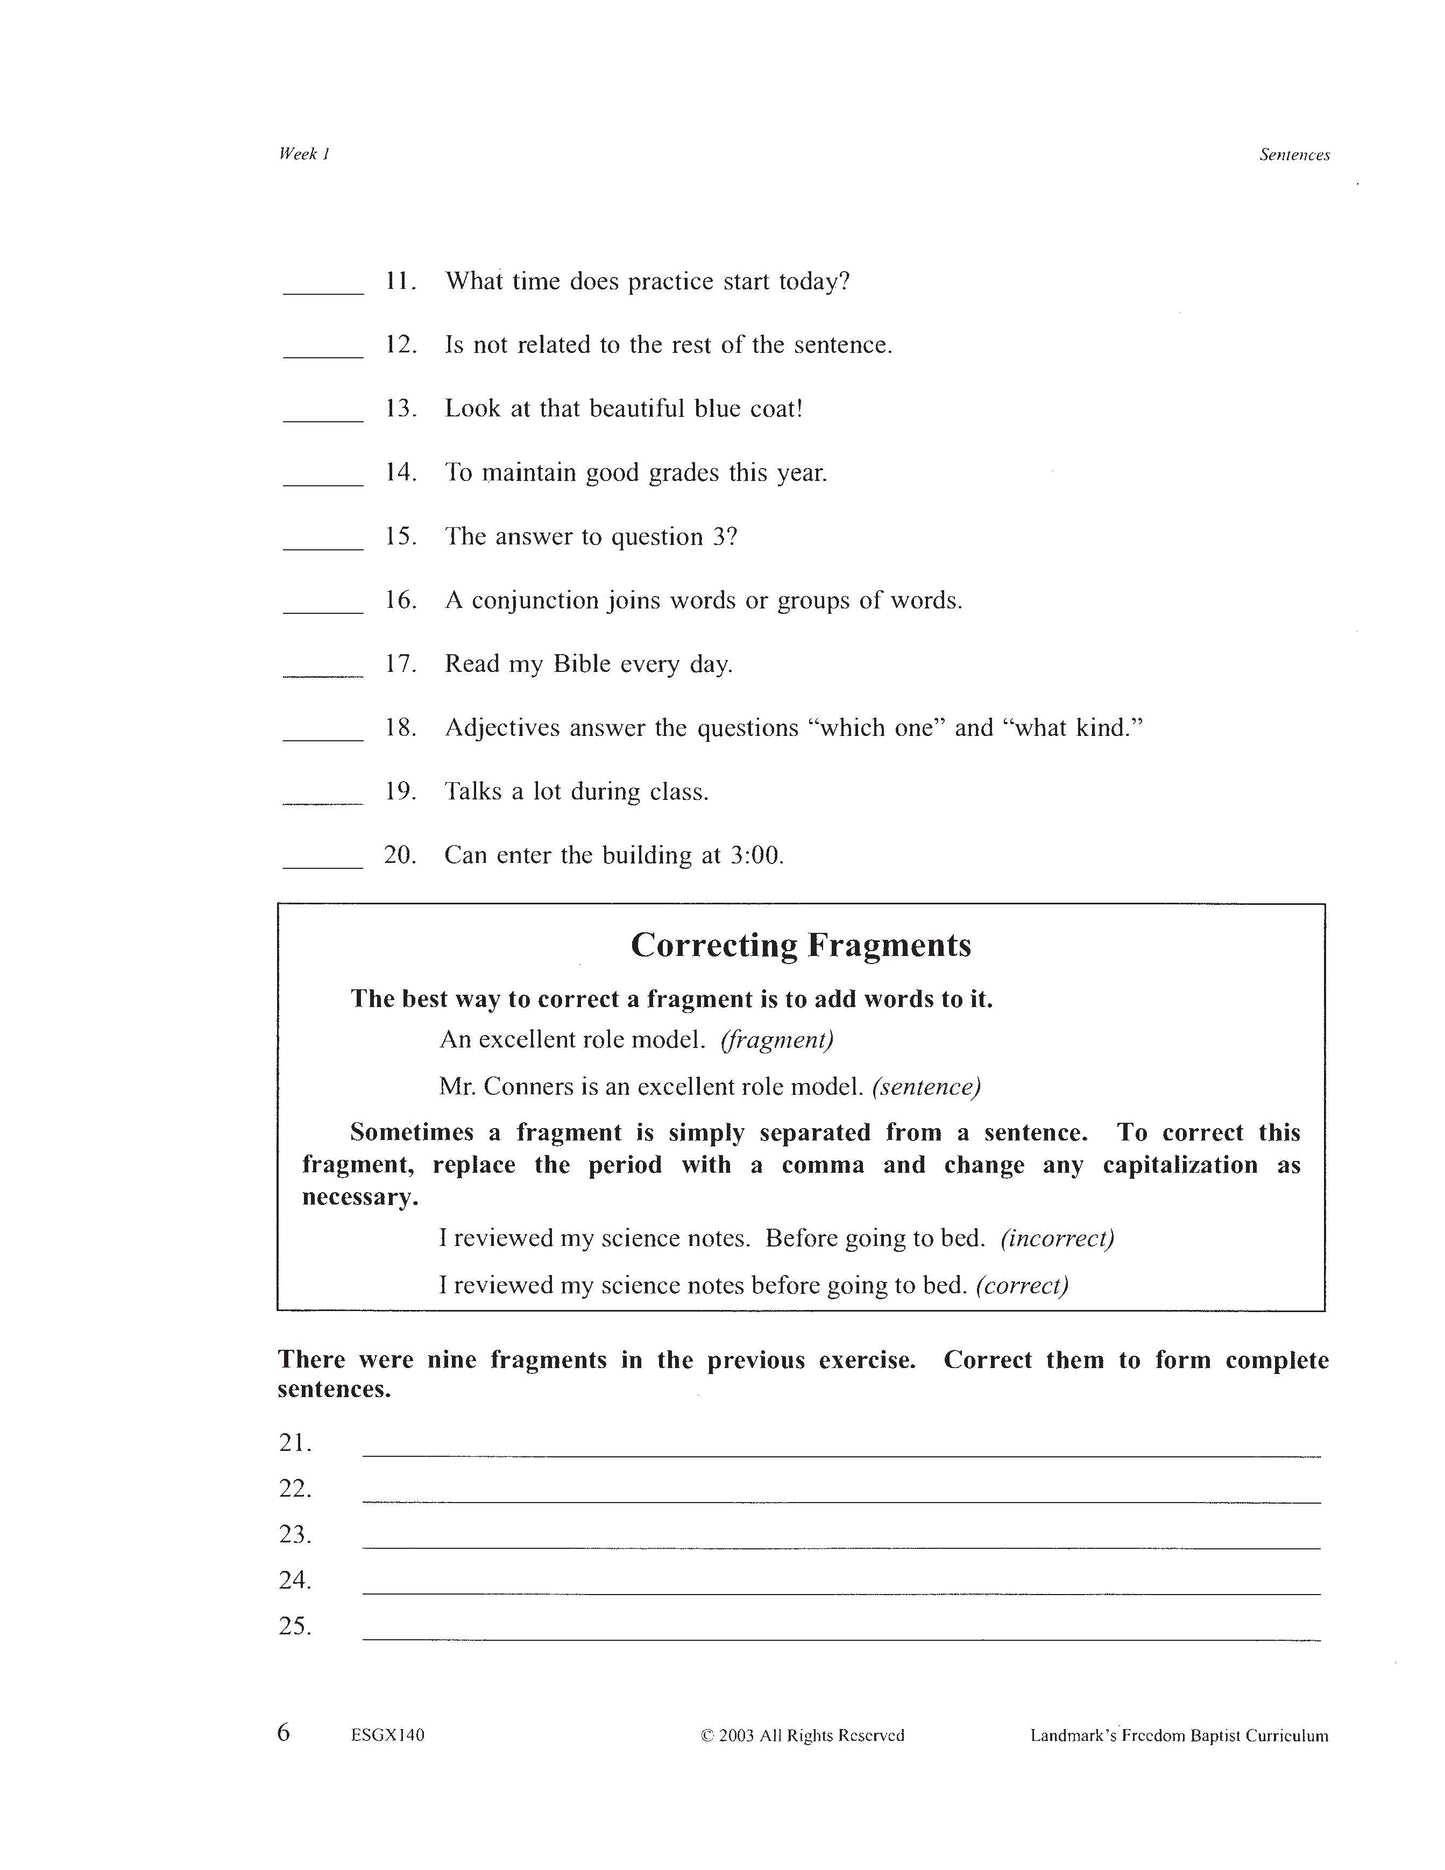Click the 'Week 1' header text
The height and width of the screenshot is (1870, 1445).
coord(304,153)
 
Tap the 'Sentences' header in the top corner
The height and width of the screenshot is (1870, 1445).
coord(1294,155)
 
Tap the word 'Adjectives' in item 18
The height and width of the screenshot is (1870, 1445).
coord(502,728)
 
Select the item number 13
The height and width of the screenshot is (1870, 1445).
coord(400,409)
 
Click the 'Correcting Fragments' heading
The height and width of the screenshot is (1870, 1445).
coord(801,945)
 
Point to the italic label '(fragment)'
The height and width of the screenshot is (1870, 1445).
coord(777,1040)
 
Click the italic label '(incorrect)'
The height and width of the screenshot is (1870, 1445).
coord(1057,1238)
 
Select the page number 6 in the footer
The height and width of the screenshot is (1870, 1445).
coord(284,1733)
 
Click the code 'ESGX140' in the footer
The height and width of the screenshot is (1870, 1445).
coord(388,1736)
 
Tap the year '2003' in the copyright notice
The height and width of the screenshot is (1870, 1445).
coord(737,1736)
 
